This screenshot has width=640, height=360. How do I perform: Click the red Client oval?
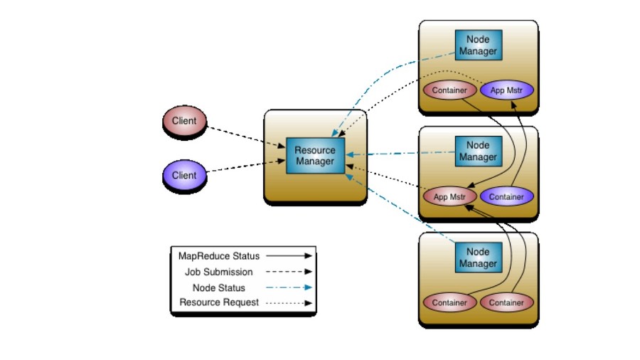(x=184, y=121)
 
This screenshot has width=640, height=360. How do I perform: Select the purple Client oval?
(x=184, y=175)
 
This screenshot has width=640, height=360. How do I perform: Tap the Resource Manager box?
(x=315, y=156)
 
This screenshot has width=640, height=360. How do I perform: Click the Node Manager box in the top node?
(x=478, y=46)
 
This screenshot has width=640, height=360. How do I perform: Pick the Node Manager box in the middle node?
(x=478, y=151)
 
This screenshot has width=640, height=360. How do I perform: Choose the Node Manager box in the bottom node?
(x=478, y=258)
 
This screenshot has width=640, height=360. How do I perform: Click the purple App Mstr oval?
(x=506, y=90)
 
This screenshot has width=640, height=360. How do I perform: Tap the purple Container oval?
(x=506, y=196)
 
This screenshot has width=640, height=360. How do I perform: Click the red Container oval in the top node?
(x=449, y=90)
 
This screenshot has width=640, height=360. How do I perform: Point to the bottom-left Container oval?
(x=449, y=302)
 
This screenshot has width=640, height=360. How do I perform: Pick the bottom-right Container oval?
(x=506, y=302)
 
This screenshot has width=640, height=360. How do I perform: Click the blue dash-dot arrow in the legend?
(x=289, y=287)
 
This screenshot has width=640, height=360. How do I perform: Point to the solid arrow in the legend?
(x=289, y=255)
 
